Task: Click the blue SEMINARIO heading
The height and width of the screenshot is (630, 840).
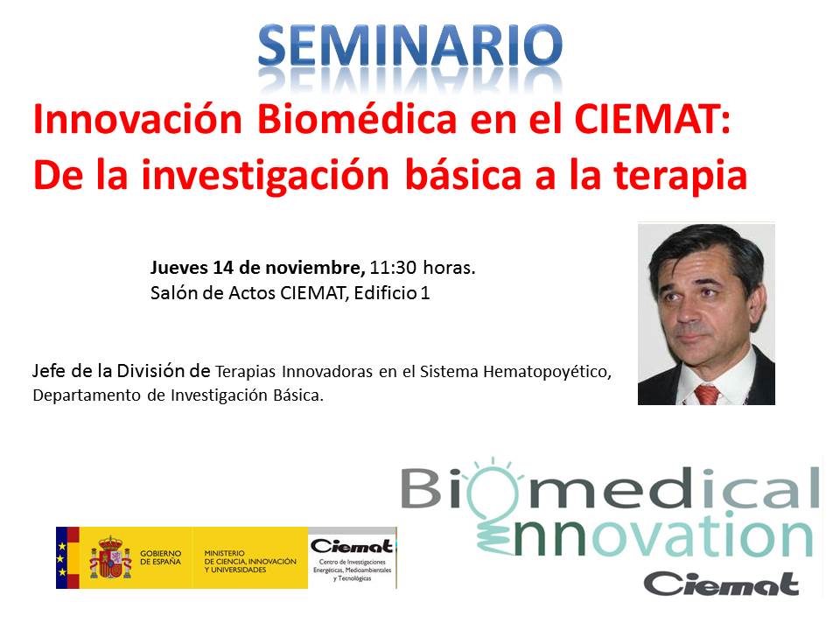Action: (x=409, y=46)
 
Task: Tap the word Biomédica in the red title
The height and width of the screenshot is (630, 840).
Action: (x=357, y=119)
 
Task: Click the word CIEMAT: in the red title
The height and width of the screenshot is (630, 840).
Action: (x=653, y=119)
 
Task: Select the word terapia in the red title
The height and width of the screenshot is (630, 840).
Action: (x=680, y=176)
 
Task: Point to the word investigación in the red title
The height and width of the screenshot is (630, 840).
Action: (x=265, y=176)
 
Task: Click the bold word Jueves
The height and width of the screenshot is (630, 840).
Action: (x=178, y=268)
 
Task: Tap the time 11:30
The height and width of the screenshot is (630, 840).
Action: (x=393, y=268)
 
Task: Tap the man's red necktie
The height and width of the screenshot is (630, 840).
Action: (x=707, y=395)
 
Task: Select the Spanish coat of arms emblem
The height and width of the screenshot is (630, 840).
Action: (x=110, y=557)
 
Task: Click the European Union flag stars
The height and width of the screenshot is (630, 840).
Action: (x=62, y=559)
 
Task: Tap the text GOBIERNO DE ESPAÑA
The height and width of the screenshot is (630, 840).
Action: (x=161, y=557)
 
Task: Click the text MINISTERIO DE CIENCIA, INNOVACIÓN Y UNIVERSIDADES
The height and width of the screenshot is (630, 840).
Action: (x=250, y=562)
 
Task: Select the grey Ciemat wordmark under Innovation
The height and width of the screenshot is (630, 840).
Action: (x=721, y=584)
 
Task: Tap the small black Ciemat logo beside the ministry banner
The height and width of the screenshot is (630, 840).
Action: (x=352, y=546)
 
